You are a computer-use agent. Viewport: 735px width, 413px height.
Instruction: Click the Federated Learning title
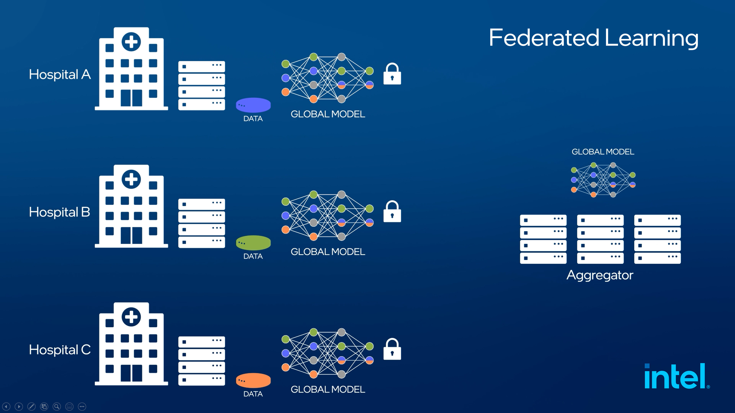point(594,38)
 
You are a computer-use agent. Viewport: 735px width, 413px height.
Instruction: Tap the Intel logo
point(676,376)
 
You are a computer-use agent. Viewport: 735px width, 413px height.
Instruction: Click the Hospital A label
point(60,75)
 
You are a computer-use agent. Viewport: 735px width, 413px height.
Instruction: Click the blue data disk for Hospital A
point(253,105)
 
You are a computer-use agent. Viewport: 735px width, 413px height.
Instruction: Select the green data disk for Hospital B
point(253,243)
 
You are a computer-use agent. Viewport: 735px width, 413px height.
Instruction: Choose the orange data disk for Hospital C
point(253,380)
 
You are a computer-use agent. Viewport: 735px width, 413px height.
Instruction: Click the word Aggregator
point(600,275)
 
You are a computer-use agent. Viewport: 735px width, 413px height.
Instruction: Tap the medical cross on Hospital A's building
point(131,42)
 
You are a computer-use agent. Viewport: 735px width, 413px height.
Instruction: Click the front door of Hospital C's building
point(131,373)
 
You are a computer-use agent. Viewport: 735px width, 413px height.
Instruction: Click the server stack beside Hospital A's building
point(201,85)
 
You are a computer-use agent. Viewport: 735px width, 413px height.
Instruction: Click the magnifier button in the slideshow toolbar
point(57,406)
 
